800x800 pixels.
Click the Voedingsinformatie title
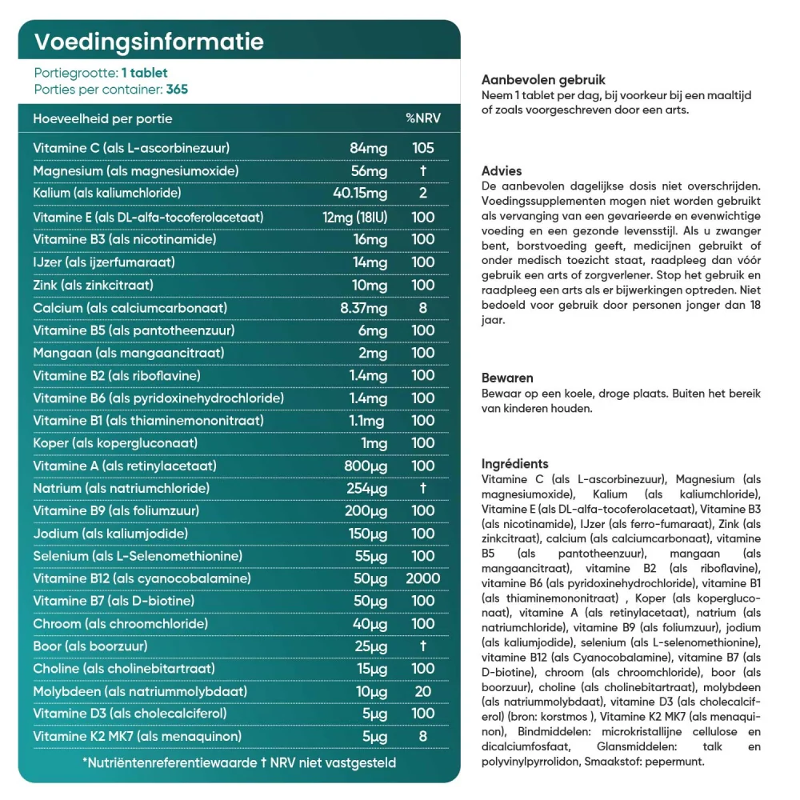click(x=149, y=42)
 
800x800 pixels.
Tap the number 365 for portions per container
click(x=176, y=89)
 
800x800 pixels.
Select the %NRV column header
click(x=422, y=118)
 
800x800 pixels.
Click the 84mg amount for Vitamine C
click(x=368, y=148)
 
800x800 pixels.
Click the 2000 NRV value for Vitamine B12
click(x=422, y=578)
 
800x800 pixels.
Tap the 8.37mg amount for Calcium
click(x=363, y=307)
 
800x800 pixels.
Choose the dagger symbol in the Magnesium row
click(x=422, y=170)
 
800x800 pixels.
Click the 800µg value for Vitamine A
click(x=368, y=466)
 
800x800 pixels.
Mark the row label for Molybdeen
click(x=140, y=691)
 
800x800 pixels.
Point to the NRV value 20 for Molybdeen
click(x=422, y=691)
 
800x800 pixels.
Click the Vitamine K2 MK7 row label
click(x=137, y=736)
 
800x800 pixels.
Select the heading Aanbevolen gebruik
click(x=543, y=80)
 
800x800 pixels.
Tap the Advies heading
click(x=502, y=170)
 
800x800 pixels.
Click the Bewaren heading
click(x=507, y=378)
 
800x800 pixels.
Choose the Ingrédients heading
click(x=515, y=463)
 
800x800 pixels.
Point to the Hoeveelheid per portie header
click(x=102, y=118)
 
